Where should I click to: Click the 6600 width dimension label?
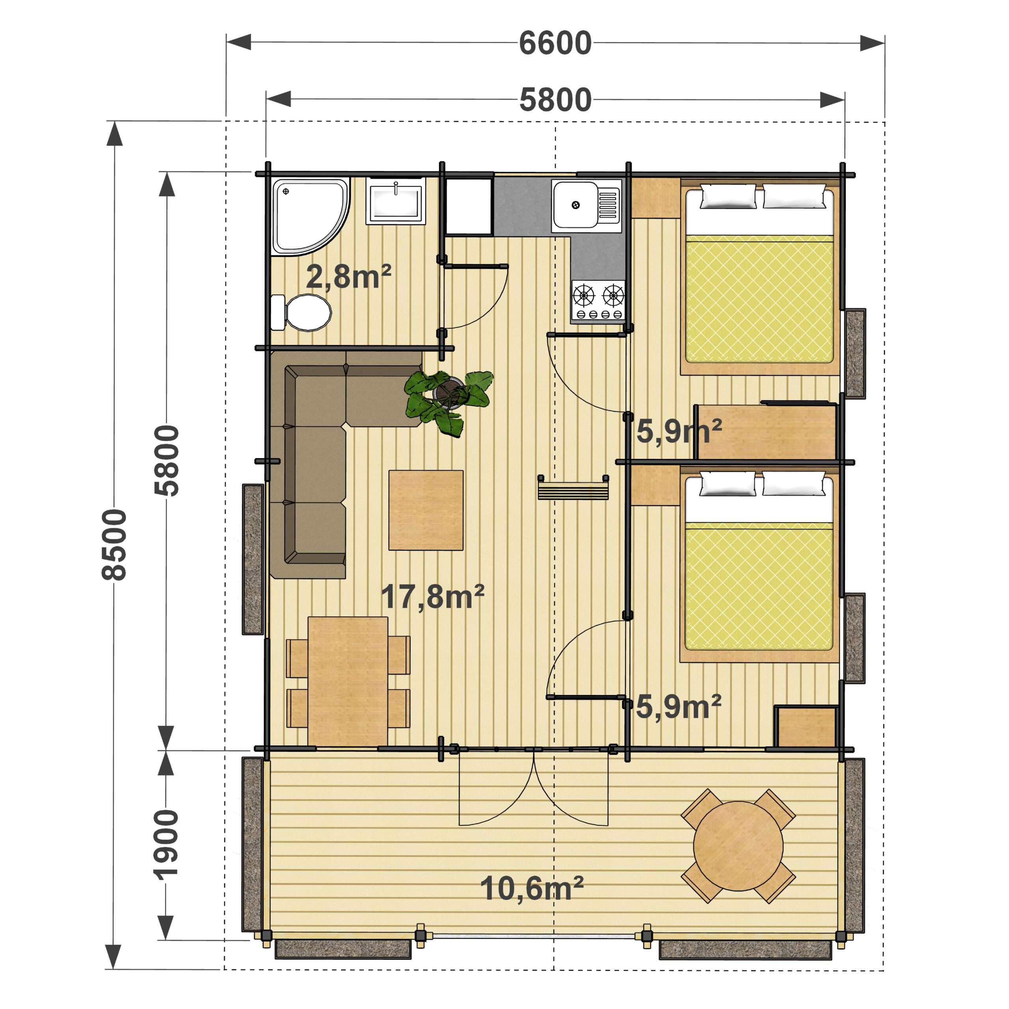[555, 43]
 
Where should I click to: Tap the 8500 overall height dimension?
[114, 545]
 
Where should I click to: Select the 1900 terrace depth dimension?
[166, 845]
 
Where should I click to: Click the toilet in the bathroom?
[301, 312]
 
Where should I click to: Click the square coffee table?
[426, 510]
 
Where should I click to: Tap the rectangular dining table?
[348, 681]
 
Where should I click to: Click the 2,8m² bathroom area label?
[348, 276]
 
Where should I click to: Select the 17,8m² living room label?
[432, 596]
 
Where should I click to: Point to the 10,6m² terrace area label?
[531, 888]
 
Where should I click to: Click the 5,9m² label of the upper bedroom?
[679, 431]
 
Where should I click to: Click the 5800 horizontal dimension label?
[555, 100]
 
